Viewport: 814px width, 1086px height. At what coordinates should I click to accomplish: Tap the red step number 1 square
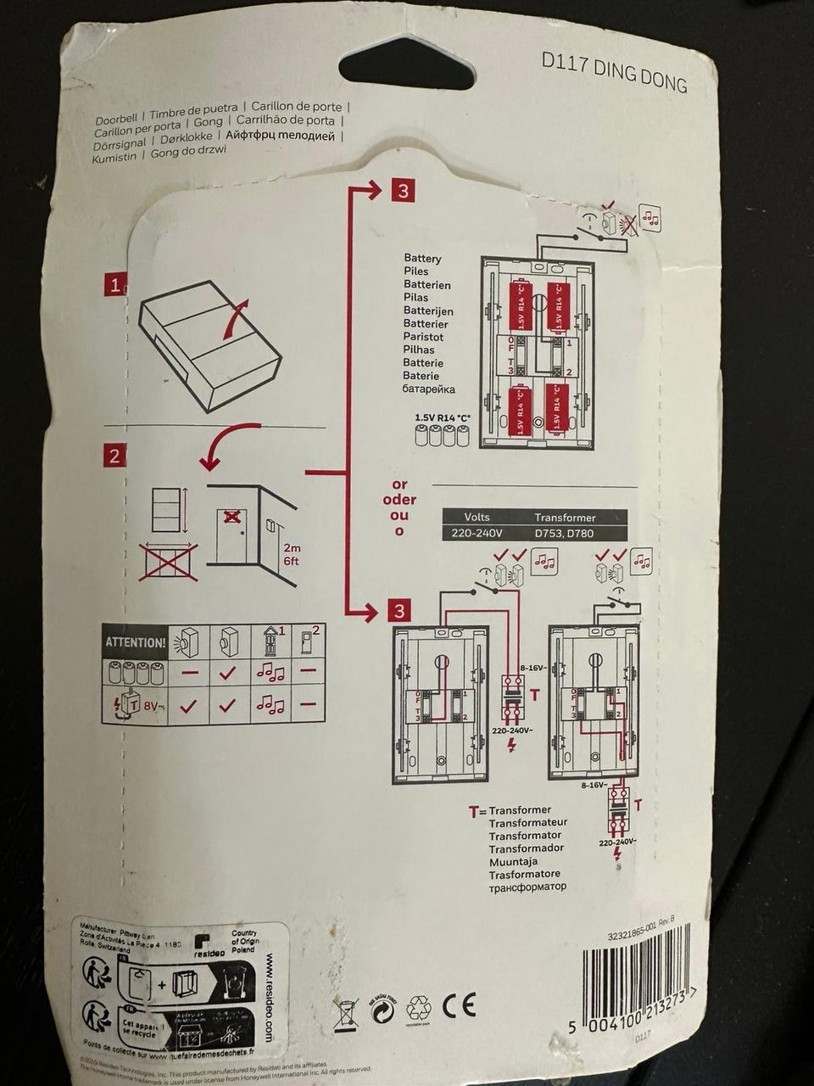tap(114, 284)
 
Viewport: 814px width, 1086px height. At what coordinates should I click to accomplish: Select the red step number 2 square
tap(114, 455)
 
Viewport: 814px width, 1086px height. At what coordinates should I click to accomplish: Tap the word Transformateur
tap(527, 822)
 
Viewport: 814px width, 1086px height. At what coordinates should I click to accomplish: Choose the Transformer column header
tap(565, 517)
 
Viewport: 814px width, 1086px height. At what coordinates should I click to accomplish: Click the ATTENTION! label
tap(134, 642)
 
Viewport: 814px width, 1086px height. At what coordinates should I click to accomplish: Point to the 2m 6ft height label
tap(292, 554)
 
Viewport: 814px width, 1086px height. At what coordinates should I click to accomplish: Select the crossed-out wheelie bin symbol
tap(346, 1010)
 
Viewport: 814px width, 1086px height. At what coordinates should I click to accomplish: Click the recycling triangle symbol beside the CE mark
tap(419, 1007)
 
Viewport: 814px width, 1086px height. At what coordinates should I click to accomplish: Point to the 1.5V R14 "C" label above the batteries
tap(442, 417)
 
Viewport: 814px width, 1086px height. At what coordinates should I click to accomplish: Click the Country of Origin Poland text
tap(245, 943)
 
